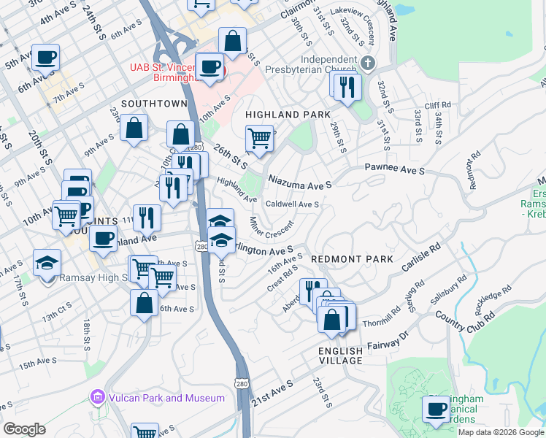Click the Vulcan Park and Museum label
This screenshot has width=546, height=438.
(166, 398)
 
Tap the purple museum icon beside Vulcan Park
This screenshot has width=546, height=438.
(96, 398)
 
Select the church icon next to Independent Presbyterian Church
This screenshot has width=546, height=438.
(368, 63)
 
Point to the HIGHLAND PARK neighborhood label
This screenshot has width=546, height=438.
(288, 115)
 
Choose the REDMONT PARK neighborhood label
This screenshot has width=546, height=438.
(352, 259)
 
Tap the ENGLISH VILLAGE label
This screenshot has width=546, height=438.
(340, 357)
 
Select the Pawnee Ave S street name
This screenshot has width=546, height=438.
(395, 169)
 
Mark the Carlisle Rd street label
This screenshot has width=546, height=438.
(421, 264)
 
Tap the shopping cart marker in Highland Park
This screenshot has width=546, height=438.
(260, 137)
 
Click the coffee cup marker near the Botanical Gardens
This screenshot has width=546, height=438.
(437, 409)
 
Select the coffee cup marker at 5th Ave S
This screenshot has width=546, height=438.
(45, 56)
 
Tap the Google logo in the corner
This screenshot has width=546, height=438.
(24, 429)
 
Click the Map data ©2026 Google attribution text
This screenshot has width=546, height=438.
(501, 431)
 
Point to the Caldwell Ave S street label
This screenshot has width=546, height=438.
(292, 204)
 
